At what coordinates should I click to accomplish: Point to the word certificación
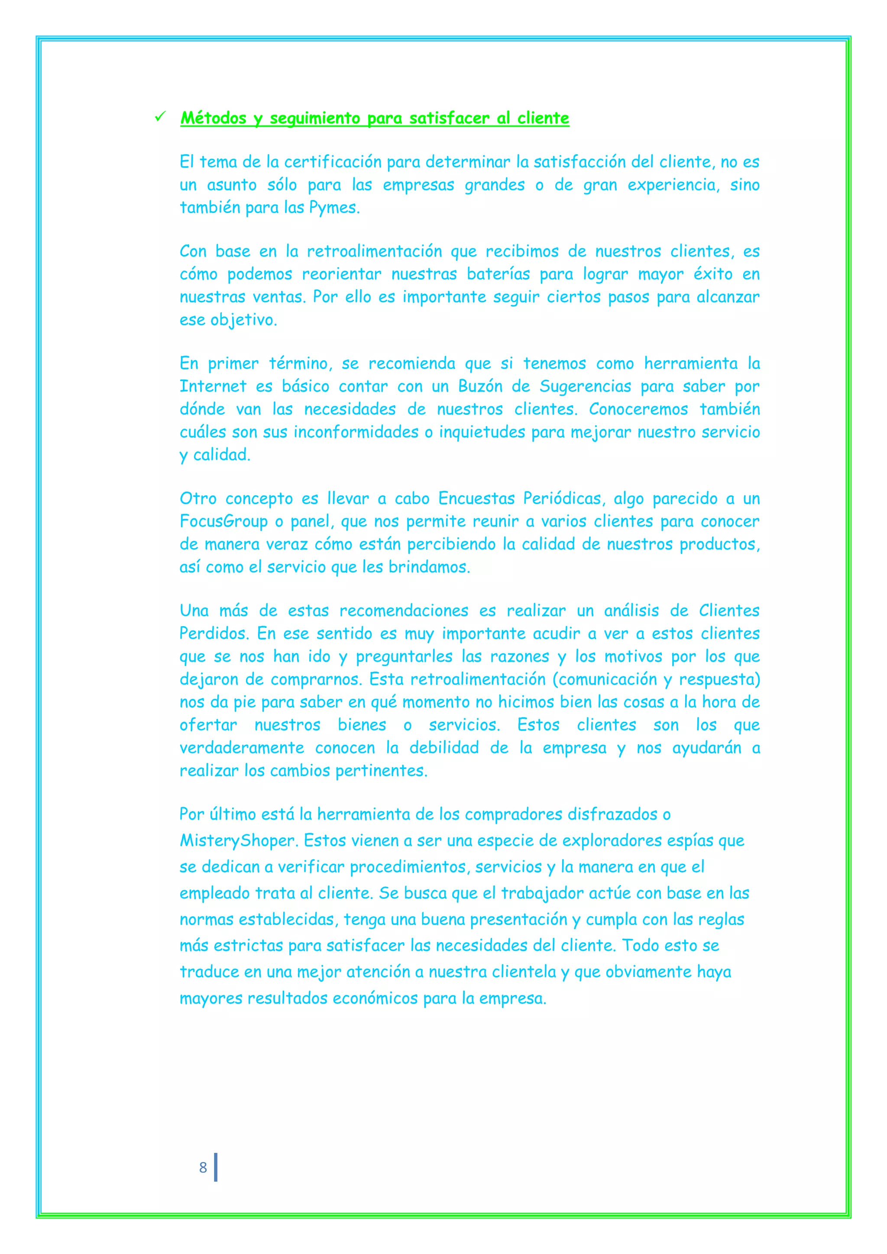[x=333, y=162]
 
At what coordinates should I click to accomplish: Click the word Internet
[x=213, y=387]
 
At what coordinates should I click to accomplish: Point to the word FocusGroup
[x=223, y=522]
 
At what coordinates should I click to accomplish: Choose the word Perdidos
[x=214, y=634]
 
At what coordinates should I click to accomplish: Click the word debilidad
[x=443, y=748]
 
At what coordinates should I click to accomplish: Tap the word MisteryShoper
[x=237, y=840]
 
